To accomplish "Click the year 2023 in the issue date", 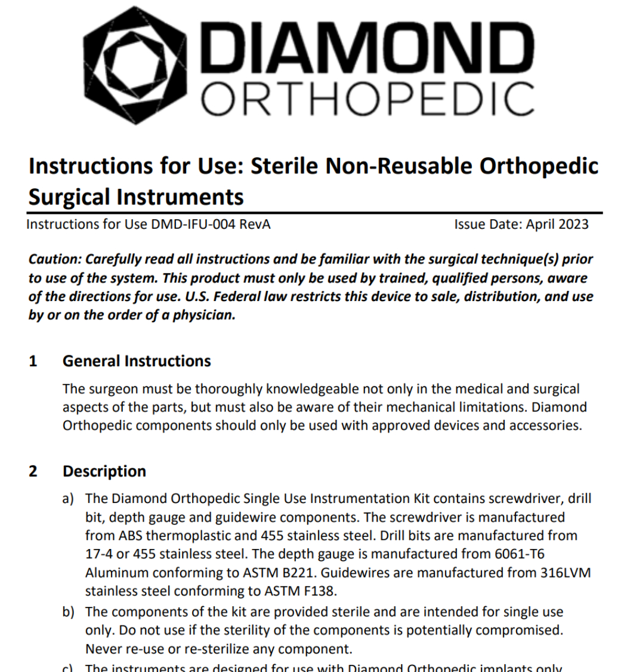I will (572, 225).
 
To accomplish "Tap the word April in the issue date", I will (540, 225).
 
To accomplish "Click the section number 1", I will (33, 361).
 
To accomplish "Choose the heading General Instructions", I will (137, 361).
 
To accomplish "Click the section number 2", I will (33, 471).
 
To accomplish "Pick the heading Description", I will (104, 471).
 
